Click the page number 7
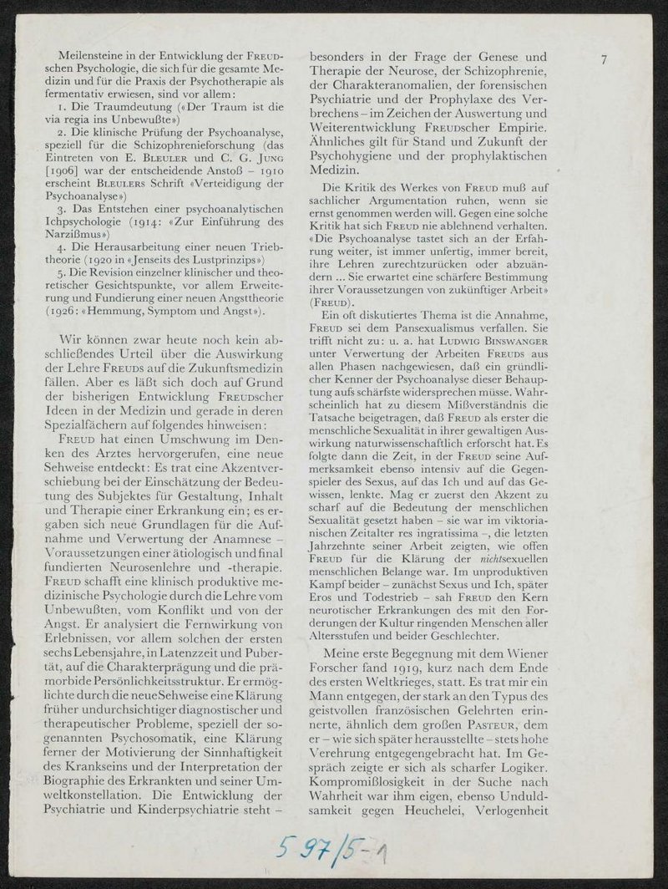coord(606,59)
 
